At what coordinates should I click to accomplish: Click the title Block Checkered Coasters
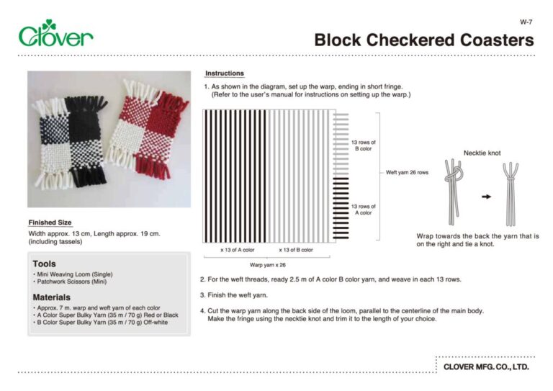pos(423,40)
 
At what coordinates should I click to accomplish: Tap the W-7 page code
pos(525,22)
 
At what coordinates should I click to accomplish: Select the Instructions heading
pos(225,73)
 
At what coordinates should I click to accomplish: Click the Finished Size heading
pos(50,223)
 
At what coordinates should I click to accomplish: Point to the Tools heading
pos(44,264)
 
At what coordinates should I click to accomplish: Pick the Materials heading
pos(52,297)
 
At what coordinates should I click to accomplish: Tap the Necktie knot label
pos(482,153)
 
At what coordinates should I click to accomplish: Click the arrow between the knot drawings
pos(485,196)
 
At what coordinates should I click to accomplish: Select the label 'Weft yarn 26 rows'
pos(407,173)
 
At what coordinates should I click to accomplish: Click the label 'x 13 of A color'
pos(238,250)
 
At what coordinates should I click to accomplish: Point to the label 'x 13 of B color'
pos(296,250)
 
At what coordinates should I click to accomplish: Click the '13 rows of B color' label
pos(362,146)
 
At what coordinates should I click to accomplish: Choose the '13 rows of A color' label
pos(362,210)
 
